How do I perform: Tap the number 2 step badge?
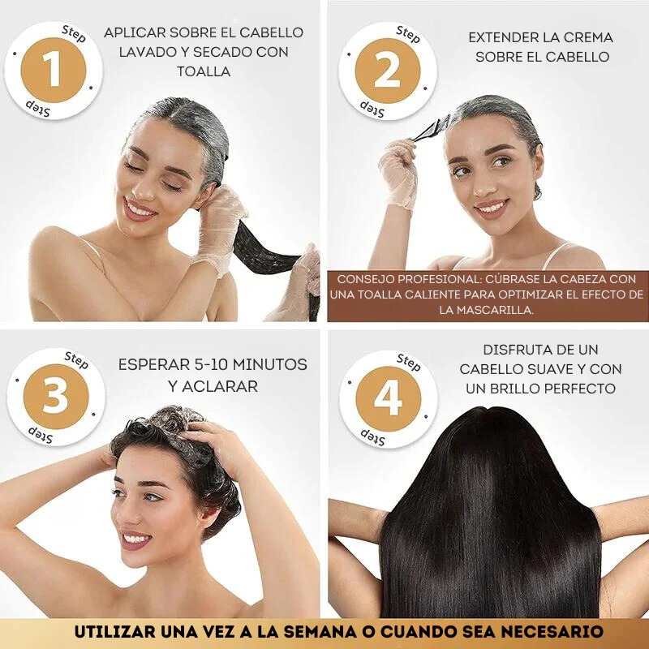(387, 71)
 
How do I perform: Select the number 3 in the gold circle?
(54, 397)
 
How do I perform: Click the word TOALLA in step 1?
(204, 71)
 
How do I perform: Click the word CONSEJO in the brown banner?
(367, 277)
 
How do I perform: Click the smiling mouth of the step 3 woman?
(135, 539)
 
